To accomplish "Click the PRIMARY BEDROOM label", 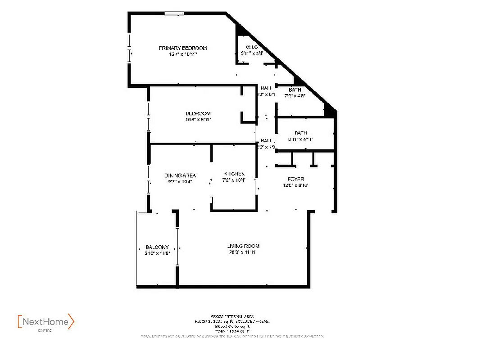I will tap(182, 48).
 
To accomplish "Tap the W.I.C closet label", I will tap(251, 47).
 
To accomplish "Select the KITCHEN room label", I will tap(234, 174).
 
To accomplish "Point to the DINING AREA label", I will tap(180, 175).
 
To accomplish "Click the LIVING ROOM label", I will tap(243, 246).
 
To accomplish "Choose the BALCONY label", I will tap(157, 247).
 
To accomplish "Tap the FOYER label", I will tap(295, 179).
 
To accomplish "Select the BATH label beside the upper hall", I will tap(295, 90).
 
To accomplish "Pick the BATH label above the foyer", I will tap(300, 133).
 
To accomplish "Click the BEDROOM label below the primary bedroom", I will tap(198, 114).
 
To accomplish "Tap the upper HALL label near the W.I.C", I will tap(266, 88).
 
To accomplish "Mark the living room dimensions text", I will tap(242, 252).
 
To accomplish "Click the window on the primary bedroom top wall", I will tap(174, 13).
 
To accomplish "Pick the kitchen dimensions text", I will tap(235, 180).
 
